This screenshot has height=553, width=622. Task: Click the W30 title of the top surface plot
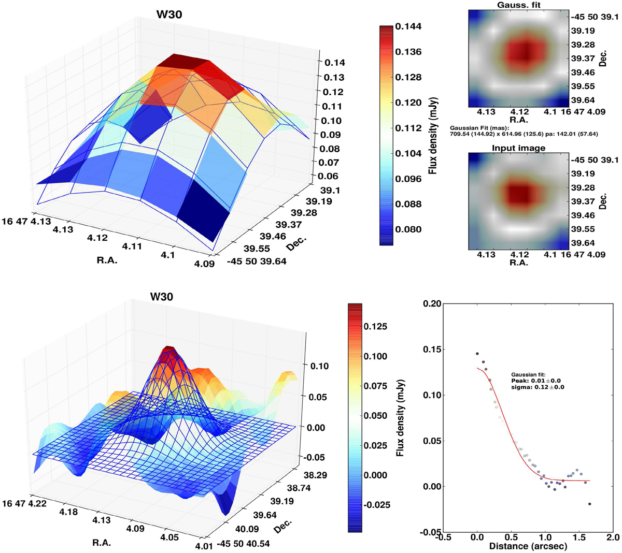pos(169,14)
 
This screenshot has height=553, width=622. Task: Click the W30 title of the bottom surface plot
pos(161,297)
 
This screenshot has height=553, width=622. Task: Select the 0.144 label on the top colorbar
pos(408,26)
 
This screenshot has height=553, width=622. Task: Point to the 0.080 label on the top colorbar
pos(408,229)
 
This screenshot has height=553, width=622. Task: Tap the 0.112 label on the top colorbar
pos(408,128)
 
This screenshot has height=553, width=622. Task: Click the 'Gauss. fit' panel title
pos(519,5)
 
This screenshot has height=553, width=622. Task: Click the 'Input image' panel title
pos(519,148)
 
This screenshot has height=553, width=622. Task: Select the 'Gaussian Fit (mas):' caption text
pos(479,127)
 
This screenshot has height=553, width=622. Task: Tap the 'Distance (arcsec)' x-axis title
pos(528,546)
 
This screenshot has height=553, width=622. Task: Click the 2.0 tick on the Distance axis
pos(613,537)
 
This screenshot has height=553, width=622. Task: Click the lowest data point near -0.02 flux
pos(590,504)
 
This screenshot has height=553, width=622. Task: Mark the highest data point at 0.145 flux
pos(477,354)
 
